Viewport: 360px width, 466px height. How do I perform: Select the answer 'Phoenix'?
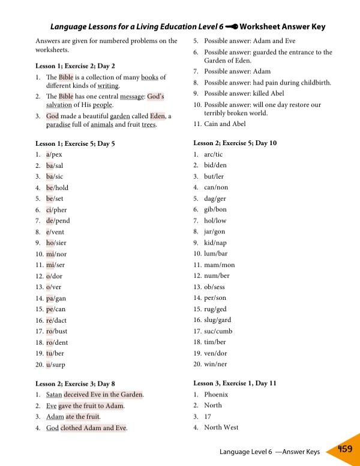(x=216, y=395)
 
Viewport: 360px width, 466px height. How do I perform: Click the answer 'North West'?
(x=221, y=428)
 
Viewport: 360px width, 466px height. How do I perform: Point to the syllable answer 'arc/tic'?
(x=214, y=154)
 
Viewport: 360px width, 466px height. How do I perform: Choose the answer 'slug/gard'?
(x=217, y=320)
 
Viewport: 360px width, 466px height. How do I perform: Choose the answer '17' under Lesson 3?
(x=208, y=417)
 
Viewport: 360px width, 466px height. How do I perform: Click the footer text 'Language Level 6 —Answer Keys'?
(x=269, y=452)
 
